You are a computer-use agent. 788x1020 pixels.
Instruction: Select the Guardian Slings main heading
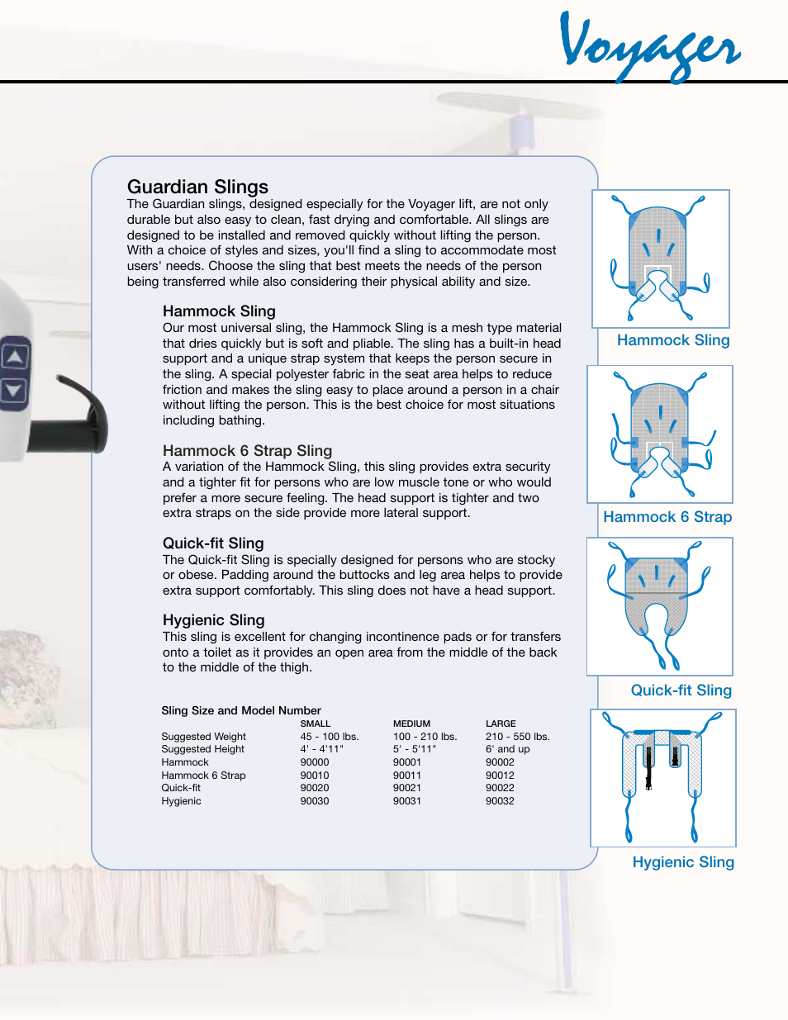click(197, 187)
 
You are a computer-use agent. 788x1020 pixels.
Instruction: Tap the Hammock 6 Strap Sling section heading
click(247, 451)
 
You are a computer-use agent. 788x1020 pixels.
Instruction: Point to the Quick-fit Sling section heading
click(213, 543)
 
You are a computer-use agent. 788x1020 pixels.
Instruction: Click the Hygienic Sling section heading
click(213, 620)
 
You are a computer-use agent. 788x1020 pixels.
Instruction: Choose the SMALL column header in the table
click(315, 723)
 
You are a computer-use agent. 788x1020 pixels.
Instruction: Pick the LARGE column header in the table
click(501, 723)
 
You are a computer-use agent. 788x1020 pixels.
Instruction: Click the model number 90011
click(407, 776)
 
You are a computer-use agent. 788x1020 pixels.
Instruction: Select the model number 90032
click(500, 801)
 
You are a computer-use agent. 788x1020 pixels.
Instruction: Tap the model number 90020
click(315, 788)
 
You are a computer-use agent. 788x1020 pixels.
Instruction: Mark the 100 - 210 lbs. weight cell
click(425, 737)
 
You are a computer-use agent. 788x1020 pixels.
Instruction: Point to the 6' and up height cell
click(508, 749)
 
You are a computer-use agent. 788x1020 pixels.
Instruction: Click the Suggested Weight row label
click(203, 737)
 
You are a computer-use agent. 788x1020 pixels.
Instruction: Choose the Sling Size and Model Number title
click(241, 710)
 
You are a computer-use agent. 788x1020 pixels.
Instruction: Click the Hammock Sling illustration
click(661, 259)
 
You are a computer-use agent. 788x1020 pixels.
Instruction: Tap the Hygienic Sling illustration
click(663, 778)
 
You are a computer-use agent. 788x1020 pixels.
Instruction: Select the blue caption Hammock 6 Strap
click(667, 517)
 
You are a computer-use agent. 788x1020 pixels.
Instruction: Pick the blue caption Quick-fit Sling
click(681, 690)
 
